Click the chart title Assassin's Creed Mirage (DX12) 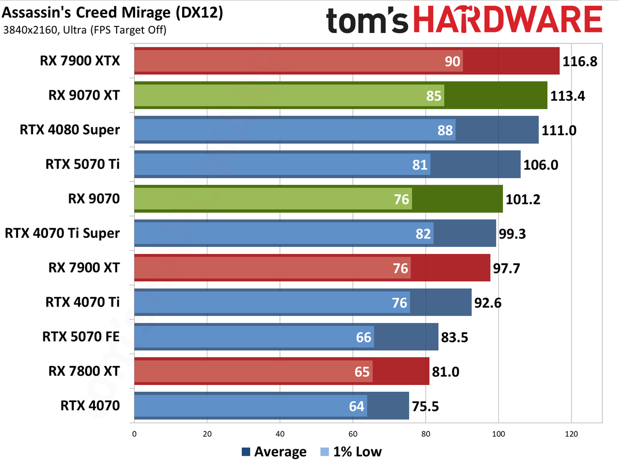pos(112,13)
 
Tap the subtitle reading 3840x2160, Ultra pos(85,30)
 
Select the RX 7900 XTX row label pos(80,61)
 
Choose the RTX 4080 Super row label pos(69,130)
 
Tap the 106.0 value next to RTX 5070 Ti pos(541,165)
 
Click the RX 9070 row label pos(94,199)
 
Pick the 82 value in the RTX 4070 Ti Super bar pos(423,234)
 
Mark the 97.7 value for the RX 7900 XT pos(509,268)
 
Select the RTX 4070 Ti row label pos(83,302)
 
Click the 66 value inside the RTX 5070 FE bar pos(364,337)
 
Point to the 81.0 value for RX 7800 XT pos(449,372)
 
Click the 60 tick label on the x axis pos(353,434)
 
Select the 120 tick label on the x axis pos(571,434)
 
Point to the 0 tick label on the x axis pos(134,434)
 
